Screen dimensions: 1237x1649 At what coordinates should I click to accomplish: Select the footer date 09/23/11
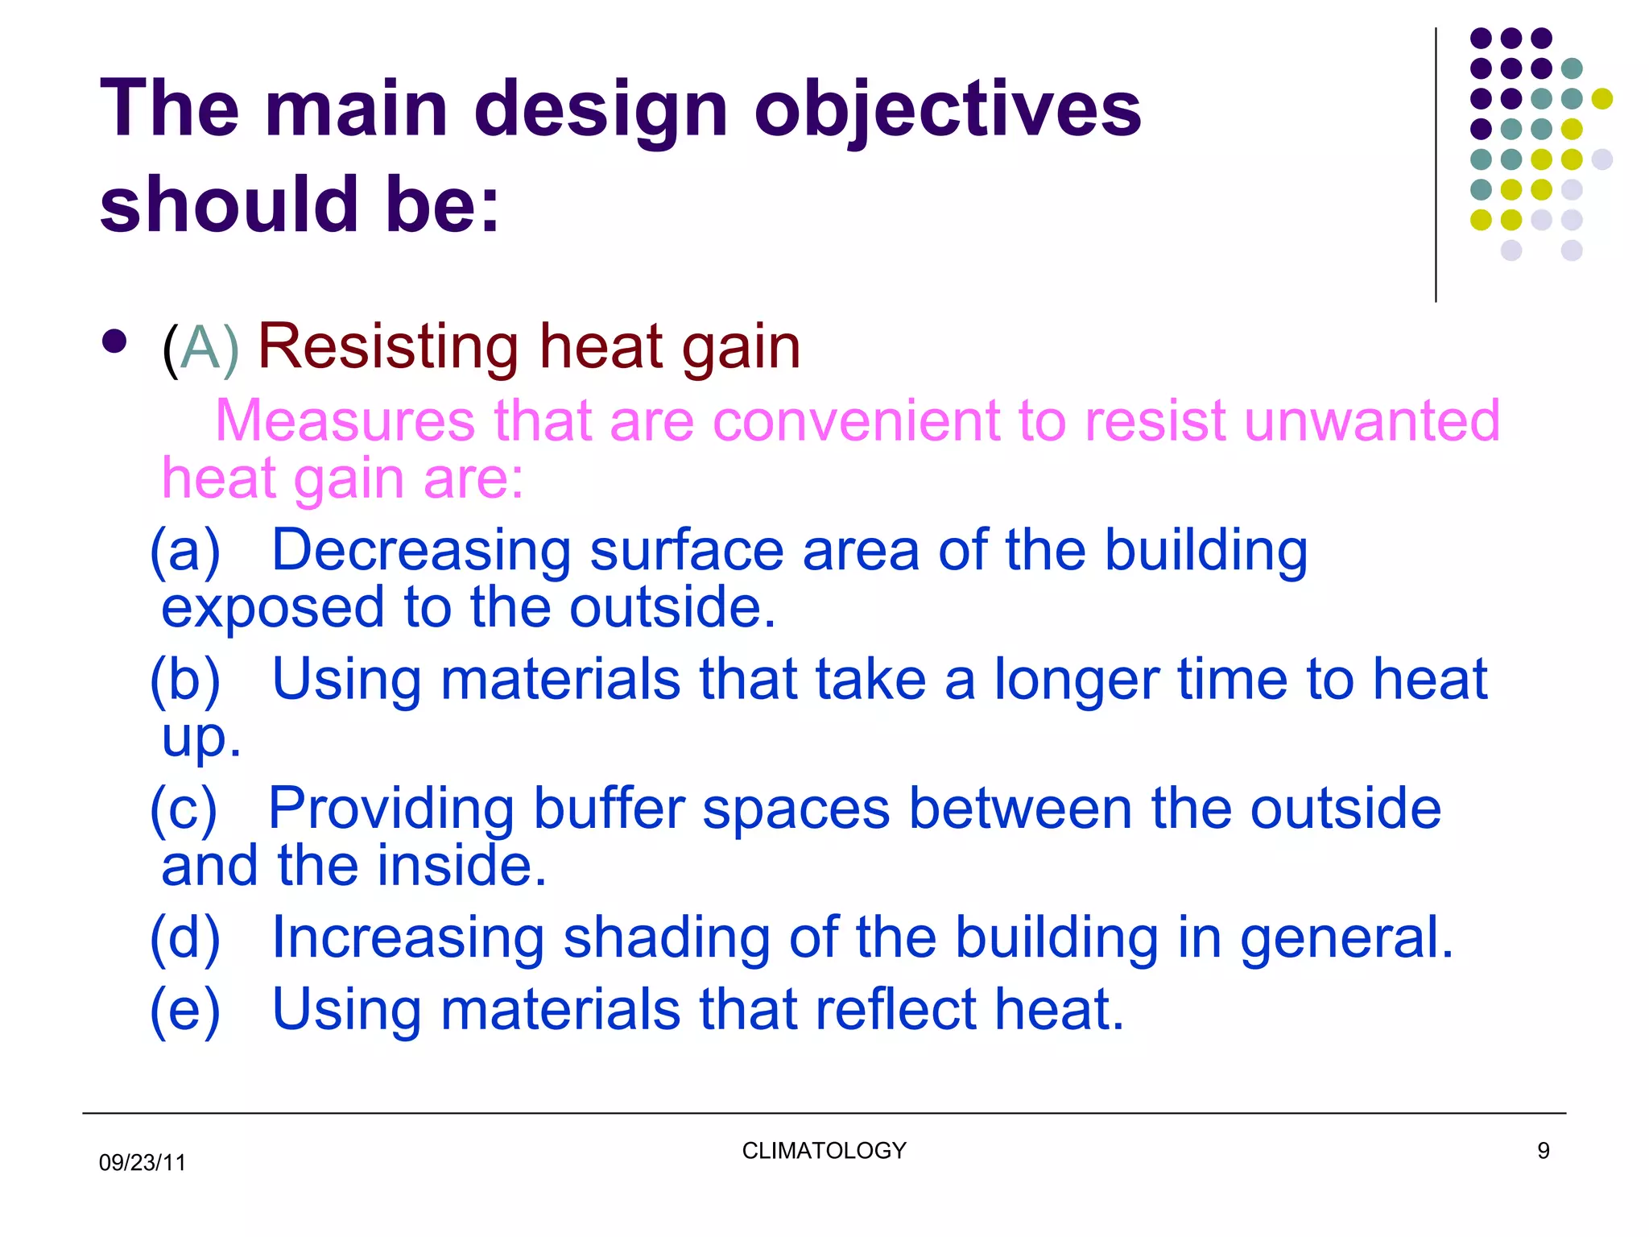coord(142,1162)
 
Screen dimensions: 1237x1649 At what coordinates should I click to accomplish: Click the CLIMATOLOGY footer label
coord(824,1150)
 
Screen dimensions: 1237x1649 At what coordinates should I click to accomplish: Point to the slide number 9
coord(1543,1150)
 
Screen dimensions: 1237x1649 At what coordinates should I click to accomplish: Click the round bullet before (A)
coord(115,341)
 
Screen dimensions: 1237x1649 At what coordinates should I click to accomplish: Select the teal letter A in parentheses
coord(200,348)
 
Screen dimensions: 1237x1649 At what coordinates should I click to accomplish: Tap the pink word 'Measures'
coord(345,420)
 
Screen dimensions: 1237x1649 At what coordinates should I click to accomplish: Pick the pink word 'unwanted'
coord(1372,420)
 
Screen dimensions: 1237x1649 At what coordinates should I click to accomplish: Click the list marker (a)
coord(185,551)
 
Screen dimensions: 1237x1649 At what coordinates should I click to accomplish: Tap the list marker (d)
coord(185,938)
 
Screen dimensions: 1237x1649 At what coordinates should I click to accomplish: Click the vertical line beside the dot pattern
coord(1436,165)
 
